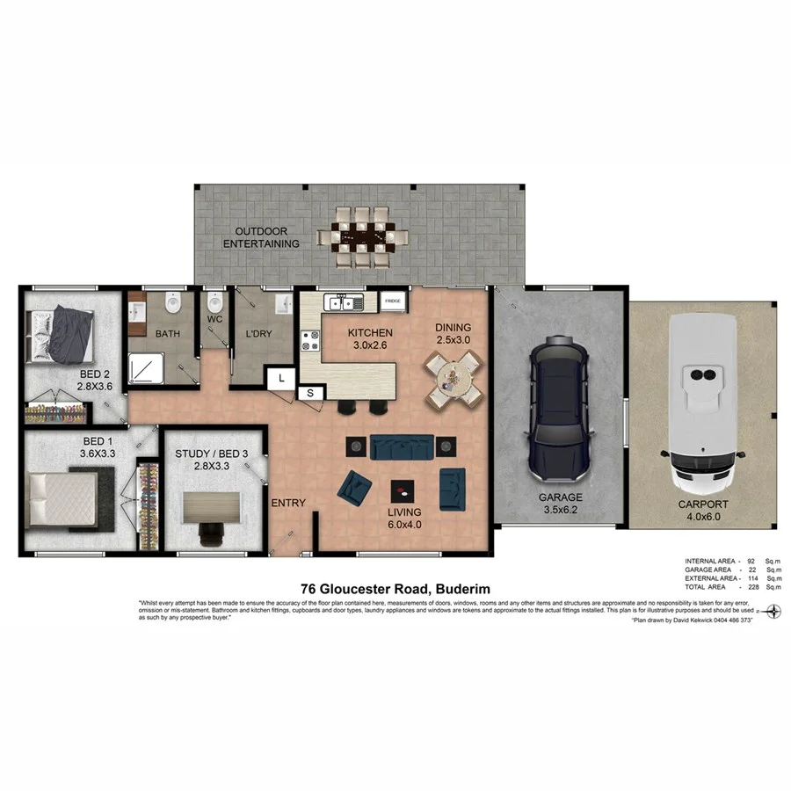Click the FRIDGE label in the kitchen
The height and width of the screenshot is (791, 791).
[x=393, y=301]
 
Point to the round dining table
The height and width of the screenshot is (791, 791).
[x=454, y=379]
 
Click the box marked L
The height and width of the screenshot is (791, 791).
[x=280, y=377]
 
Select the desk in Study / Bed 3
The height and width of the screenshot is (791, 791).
[x=211, y=507]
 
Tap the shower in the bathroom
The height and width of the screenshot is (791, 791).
[x=146, y=368]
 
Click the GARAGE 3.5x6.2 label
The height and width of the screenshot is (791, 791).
[x=560, y=503]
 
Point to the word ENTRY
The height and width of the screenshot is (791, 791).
[x=288, y=503]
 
